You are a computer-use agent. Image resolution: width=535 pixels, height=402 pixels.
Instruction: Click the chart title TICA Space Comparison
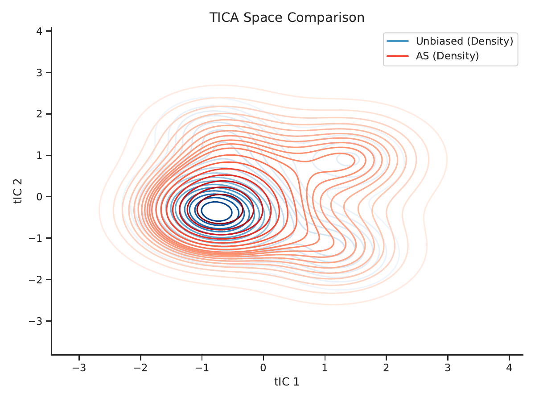point(287,17)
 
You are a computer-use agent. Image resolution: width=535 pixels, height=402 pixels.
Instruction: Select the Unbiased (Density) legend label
point(464,41)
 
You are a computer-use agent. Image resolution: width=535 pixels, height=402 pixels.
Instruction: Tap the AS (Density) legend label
point(447,56)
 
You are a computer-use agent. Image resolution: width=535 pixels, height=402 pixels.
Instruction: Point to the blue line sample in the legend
point(398,41)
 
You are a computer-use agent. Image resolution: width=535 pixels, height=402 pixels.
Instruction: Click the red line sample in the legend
point(398,56)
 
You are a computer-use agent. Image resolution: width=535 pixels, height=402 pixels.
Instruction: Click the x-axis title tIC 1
point(287,381)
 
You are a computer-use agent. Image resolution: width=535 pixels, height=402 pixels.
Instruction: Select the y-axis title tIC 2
point(18,191)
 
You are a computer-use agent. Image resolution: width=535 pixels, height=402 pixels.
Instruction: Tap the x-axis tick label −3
point(79,367)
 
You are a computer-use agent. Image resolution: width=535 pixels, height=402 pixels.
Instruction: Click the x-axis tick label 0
point(263,367)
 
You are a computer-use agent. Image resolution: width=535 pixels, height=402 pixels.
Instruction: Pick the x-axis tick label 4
point(509,367)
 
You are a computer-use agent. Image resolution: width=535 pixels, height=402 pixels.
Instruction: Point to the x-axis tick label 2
point(386,367)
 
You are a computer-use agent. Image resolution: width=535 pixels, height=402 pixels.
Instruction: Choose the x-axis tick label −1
point(202,367)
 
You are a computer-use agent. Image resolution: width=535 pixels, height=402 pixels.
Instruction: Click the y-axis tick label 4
point(40,31)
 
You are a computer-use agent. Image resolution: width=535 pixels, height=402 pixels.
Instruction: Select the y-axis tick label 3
point(40,73)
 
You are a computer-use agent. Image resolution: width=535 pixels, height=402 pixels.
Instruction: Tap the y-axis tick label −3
point(36,321)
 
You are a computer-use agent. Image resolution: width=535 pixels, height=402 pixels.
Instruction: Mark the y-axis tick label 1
point(40,155)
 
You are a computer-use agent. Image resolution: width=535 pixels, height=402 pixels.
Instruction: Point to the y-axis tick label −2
point(36,280)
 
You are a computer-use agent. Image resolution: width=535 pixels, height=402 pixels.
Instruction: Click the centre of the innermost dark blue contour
point(216,212)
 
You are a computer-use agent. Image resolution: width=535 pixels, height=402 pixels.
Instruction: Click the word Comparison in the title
point(326,17)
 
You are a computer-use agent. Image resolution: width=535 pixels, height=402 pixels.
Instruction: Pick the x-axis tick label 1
point(325,367)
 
